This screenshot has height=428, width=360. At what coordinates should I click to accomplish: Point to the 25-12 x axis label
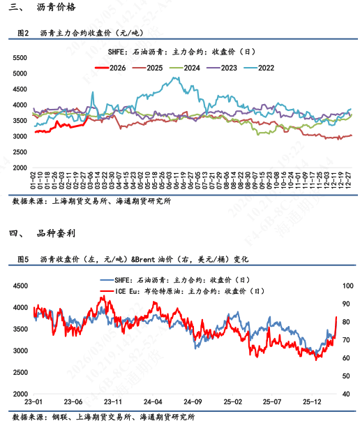pos(312,403)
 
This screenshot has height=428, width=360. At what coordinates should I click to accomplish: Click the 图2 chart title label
pos(22,33)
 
